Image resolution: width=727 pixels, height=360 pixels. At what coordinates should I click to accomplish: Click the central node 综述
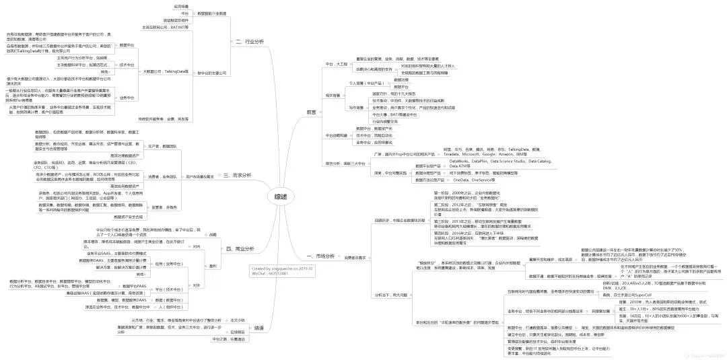click(x=280, y=196)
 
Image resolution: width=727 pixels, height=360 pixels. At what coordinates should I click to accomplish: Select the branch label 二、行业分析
click(x=249, y=41)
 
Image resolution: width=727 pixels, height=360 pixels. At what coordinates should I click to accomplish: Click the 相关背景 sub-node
click(x=333, y=96)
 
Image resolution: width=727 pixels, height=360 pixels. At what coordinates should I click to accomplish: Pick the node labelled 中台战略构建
click(x=338, y=135)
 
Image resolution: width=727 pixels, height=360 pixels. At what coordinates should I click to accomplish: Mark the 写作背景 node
click(x=356, y=107)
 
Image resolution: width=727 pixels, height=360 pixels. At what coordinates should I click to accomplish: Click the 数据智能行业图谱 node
click(x=212, y=13)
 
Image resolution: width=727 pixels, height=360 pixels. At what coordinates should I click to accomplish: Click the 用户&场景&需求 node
click(x=200, y=176)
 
